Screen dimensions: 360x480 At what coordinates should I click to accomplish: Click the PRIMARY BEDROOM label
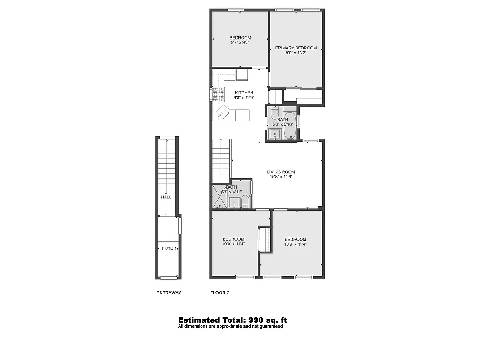[x=296, y=48]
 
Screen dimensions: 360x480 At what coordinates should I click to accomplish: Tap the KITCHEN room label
[x=243, y=93]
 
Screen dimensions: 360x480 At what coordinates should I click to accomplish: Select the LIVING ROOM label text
[x=281, y=172]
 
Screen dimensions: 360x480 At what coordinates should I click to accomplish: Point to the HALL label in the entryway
[x=166, y=197]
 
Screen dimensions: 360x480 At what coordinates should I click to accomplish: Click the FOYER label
[x=169, y=248]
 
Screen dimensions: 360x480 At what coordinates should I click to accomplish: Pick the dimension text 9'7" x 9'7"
[x=240, y=43]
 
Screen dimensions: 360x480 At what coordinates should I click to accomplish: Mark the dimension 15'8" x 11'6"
[x=281, y=177]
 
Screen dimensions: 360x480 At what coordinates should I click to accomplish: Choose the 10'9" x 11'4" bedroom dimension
[x=295, y=244]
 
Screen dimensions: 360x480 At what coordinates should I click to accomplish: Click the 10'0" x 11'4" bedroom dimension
[x=233, y=244]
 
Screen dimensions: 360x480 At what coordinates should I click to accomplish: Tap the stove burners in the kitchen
[x=219, y=94]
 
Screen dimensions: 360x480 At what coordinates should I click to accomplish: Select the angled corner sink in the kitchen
[x=222, y=113]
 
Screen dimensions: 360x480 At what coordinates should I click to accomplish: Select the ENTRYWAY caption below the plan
[x=169, y=293]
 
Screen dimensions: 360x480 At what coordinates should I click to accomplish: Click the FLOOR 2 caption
[x=220, y=293]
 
